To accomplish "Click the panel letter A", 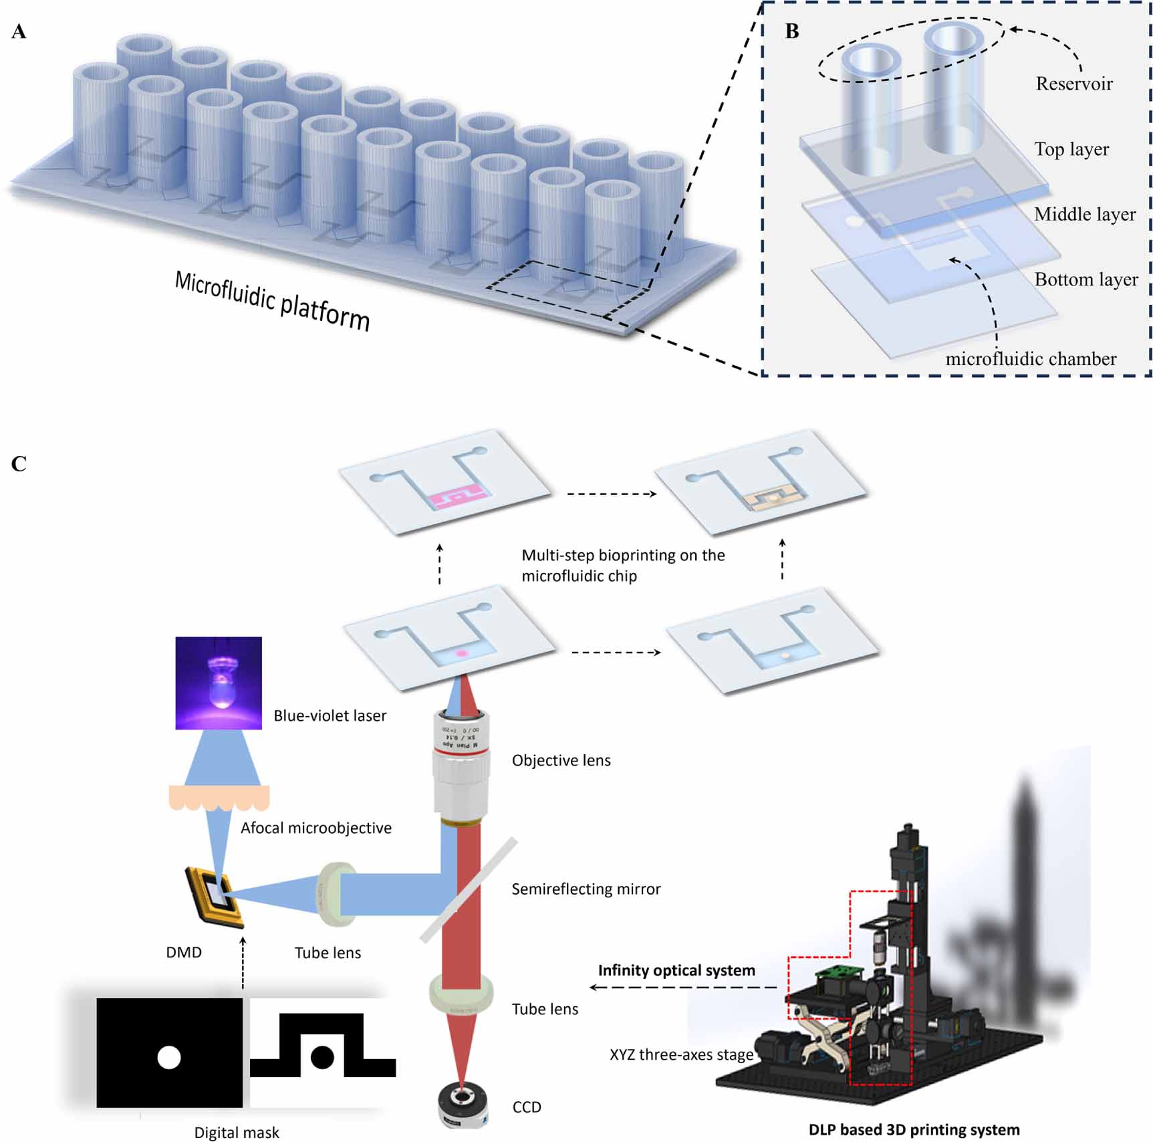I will coord(19,31).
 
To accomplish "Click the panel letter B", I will coord(792,31).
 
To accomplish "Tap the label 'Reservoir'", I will coord(1073,84).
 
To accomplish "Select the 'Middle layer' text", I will coord(1084,214).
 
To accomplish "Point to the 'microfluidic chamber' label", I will coord(1030,359).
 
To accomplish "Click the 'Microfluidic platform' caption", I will coord(272,300).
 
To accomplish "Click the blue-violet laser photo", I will coord(219,683).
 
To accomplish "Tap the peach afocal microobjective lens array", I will coord(219,797).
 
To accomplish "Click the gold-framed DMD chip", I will coord(215,897).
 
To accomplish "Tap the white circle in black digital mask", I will coord(168,1058).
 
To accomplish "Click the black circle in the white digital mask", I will coord(322,1057).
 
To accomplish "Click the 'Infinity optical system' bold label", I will coord(676,970).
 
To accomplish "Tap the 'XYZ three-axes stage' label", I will coord(680,1054).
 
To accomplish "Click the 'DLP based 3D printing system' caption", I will coord(913,1129).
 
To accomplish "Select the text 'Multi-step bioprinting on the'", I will coord(622,555).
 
